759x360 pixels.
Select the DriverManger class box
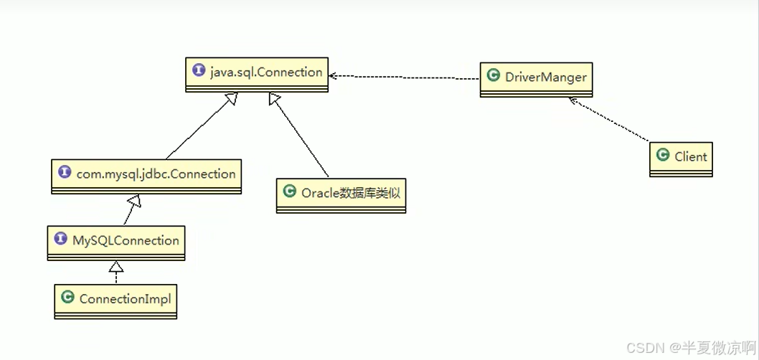click(x=537, y=79)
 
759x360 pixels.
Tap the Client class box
click(x=681, y=159)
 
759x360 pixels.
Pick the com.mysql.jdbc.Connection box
click(x=146, y=176)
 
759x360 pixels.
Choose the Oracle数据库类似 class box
click(x=341, y=195)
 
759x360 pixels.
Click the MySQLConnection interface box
click(x=116, y=243)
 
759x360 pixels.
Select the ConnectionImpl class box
click(x=115, y=301)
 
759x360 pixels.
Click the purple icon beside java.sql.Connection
click(x=199, y=71)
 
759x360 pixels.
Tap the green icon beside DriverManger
click(x=493, y=75)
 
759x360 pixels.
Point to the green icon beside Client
click(x=662, y=156)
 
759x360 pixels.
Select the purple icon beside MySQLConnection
click(x=60, y=240)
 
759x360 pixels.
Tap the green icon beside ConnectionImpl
click(x=67, y=298)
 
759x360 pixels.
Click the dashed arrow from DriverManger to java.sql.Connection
click(x=405, y=77)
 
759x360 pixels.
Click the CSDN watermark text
click(x=689, y=348)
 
